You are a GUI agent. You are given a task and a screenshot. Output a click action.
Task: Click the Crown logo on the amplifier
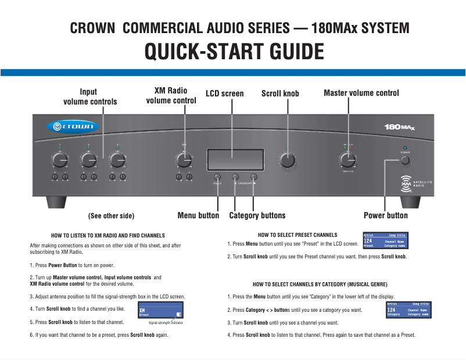[73, 127]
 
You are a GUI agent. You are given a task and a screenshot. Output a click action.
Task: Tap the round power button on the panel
[405, 160]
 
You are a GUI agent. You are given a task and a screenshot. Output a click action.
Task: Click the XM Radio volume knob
[184, 160]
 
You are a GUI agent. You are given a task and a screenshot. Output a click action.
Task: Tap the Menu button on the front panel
[217, 177]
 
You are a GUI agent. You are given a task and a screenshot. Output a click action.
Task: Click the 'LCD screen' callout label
[225, 93]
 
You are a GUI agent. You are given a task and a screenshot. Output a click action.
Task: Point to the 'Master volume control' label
[361, 93]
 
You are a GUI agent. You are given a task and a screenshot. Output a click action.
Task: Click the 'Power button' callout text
[385, 215]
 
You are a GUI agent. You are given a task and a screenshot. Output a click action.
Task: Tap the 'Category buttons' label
[257, 215]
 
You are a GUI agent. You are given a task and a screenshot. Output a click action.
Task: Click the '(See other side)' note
[111, 216]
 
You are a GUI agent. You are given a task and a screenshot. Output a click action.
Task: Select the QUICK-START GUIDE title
[234, 52]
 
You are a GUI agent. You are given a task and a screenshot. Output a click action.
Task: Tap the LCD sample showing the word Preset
[385, 241]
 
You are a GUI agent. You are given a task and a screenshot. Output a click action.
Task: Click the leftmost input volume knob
[59, 160]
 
